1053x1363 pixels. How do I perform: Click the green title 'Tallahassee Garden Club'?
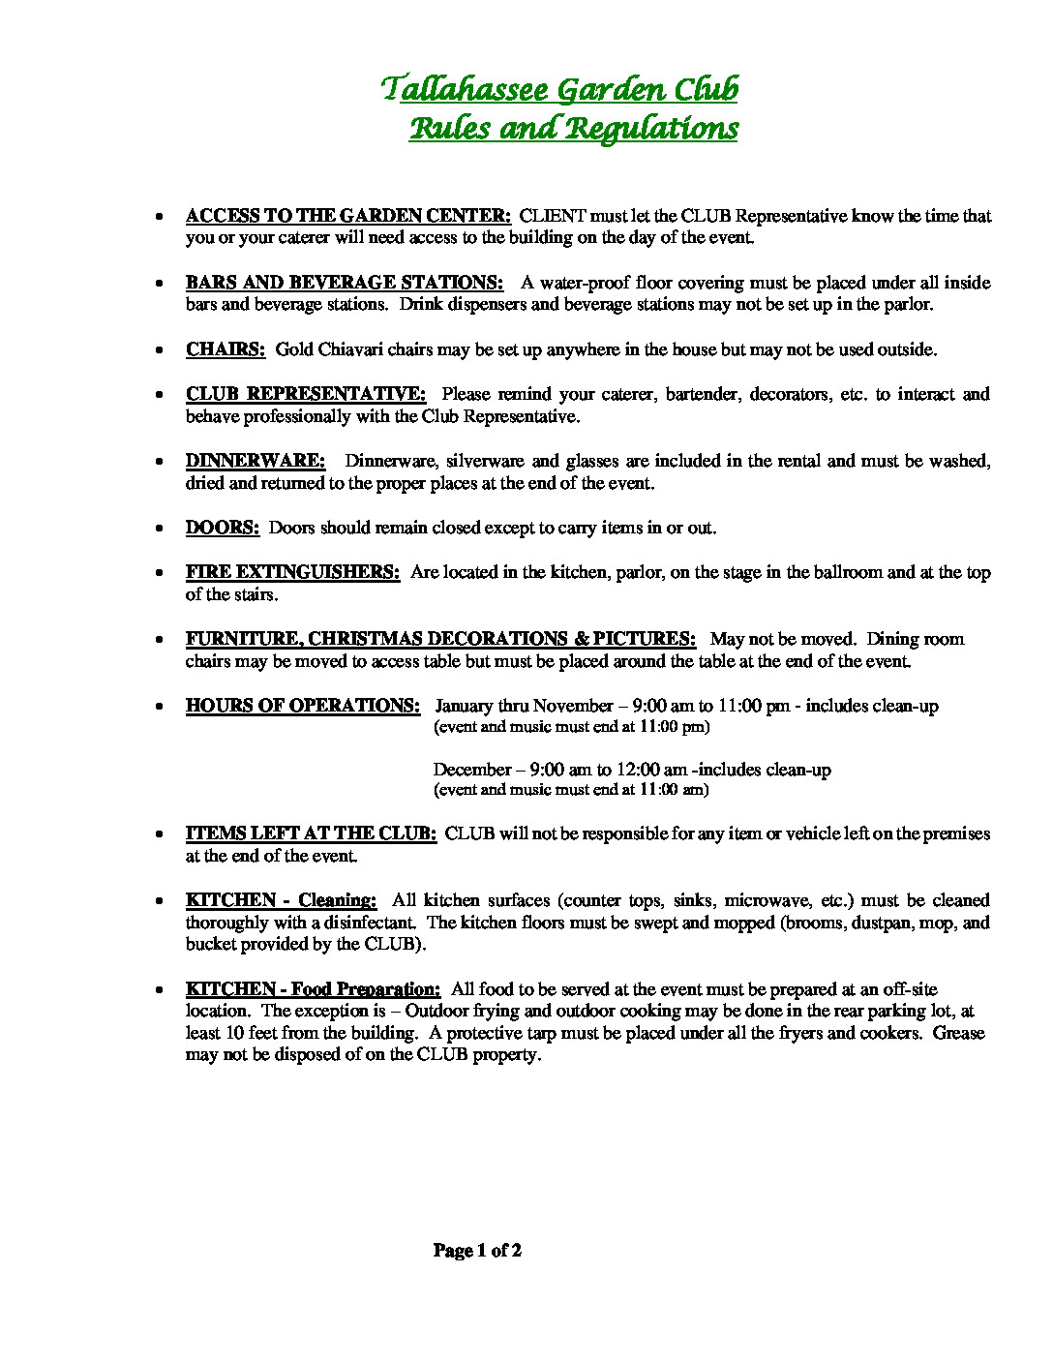click(559, 90)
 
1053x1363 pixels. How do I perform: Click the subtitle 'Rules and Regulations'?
click(573, 129)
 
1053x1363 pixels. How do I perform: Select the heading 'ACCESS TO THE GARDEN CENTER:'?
click(348, 216)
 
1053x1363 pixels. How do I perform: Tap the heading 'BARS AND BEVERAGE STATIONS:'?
click(345, 283)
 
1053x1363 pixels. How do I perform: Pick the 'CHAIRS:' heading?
click(226, 349)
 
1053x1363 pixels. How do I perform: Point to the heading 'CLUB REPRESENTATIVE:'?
click(306, 394)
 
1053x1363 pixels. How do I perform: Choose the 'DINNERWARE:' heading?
click(256, 461)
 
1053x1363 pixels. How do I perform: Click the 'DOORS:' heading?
click(223, 528)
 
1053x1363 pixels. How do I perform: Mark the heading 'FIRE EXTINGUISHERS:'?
click(292, 572)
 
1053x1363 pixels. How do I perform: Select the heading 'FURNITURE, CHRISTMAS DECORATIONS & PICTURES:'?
click(440, 639)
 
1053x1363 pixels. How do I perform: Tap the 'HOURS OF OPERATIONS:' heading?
click(303, 706)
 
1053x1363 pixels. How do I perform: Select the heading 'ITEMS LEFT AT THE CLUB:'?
click(311, 833)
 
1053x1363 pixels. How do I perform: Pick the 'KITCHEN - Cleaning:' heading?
click(281, 900)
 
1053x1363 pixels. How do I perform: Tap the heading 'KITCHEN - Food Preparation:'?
click(313, 989)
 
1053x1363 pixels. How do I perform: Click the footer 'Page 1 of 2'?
click(477, 1251)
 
